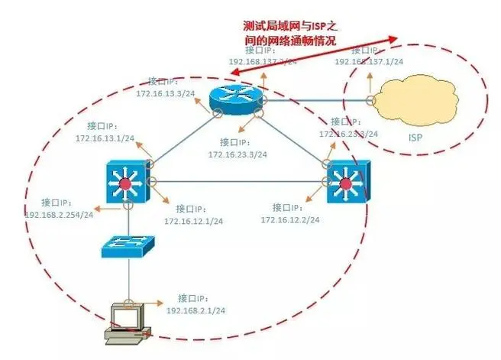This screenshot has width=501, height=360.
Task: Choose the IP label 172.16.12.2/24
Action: [x=289, y=219]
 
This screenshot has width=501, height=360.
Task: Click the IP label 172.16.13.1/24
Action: [x=105, y=138]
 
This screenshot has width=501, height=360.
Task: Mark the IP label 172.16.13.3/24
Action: [x=165, y=92]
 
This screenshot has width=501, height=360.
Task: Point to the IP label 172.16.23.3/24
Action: [x=238, y=154]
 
